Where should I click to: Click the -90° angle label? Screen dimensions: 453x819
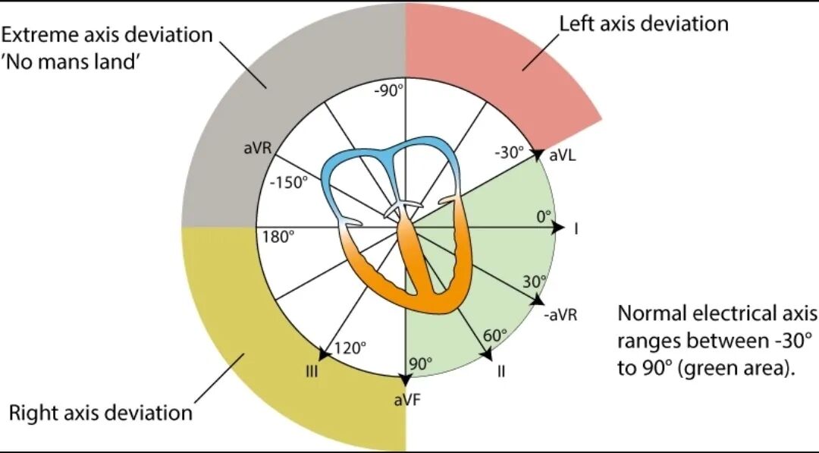click(389, 90)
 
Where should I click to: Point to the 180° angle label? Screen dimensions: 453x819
click(278, 237)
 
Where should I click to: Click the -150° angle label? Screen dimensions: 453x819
click(289, 185)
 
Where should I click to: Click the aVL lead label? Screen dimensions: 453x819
click(563, 156)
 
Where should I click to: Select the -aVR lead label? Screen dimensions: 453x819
click(561, 315)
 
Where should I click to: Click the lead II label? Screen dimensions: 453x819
click(501, 372)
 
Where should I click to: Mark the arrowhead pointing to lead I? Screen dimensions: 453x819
click(559, 228)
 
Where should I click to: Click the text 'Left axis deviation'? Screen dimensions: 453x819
click(643, 24)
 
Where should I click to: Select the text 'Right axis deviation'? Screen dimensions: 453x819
click(100, 413)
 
